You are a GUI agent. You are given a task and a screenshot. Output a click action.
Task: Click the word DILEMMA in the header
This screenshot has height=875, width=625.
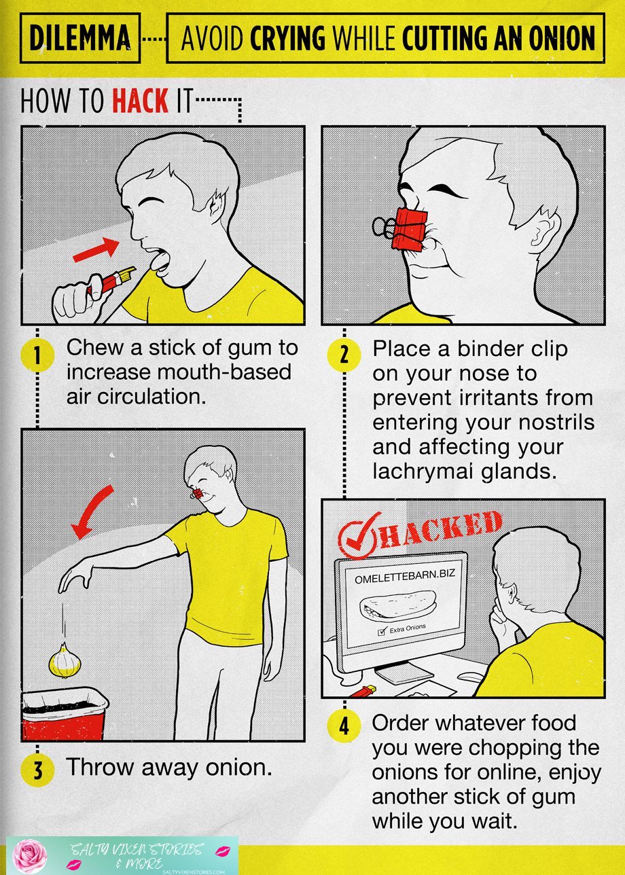coord(79,37)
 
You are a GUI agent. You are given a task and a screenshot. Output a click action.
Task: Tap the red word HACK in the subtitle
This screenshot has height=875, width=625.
coord(141,101)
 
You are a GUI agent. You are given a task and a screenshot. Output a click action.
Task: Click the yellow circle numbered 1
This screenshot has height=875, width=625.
coord(37,355)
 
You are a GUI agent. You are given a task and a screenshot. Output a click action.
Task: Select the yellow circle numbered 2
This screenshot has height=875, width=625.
coord(344,355)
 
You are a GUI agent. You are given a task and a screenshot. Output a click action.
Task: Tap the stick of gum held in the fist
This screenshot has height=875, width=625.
coord(111,281)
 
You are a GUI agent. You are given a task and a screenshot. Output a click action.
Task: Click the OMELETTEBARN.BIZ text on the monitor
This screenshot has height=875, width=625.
coord(405,577)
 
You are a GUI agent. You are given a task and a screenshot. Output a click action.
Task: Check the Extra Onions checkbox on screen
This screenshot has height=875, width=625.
coord(382,632)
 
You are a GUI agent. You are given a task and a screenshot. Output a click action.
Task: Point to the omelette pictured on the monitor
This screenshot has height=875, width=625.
coord(397,605)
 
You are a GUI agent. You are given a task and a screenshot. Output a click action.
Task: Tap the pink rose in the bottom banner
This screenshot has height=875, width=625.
coord(30,856)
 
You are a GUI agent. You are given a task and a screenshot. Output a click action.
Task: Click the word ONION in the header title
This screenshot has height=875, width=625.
coord(562,37)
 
